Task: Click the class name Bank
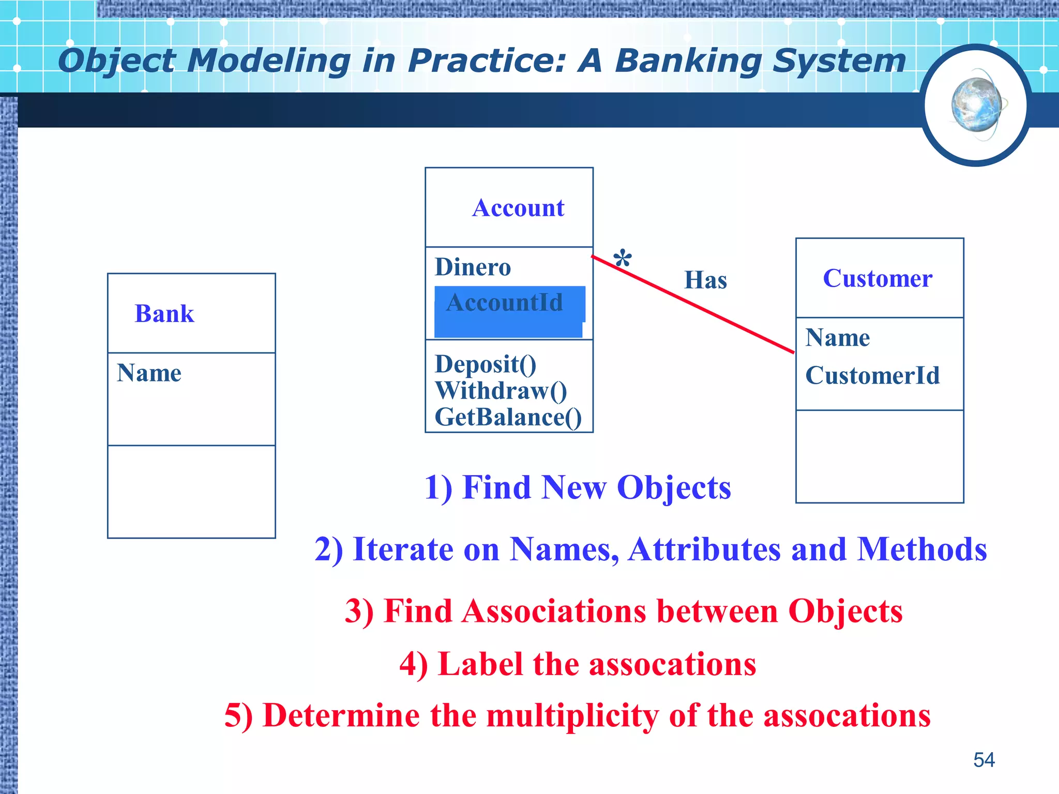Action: click(164, 314)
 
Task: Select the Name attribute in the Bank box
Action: click(149, 373)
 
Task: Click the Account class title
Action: click(518, 208)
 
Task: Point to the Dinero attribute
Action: click(473, 267)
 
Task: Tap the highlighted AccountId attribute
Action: click(505, 303)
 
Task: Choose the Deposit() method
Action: click(486, 364)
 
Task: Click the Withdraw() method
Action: click(501, 391)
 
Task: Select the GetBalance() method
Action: click(508, 417)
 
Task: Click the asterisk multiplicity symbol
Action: click(623, 259)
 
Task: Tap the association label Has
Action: click(705, 280)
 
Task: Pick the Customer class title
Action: click(878, 279)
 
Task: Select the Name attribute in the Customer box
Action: click(838, 338)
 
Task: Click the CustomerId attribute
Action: click(872, 376)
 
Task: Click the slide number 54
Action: click(984, 760)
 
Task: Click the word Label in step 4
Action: click(480, 664)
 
